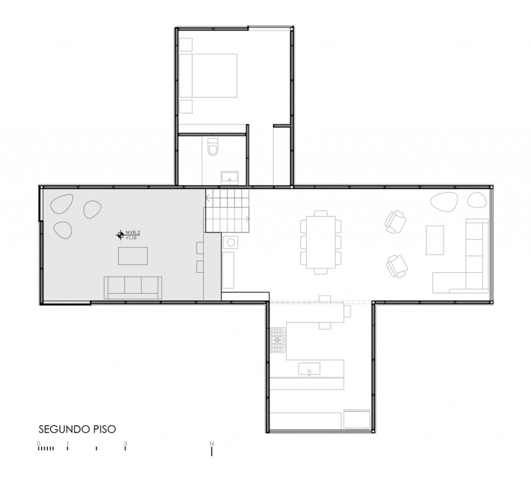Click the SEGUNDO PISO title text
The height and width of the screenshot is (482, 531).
point(77,429)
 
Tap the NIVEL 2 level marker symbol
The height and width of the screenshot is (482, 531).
point(120,236)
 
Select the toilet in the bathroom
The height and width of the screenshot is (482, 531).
point(213,147)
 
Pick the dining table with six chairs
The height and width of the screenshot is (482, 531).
point(321,242)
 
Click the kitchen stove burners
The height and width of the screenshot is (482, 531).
point(278,340)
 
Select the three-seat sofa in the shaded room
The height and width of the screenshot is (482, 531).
point(133,287)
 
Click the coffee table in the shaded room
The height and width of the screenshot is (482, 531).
point(133,256)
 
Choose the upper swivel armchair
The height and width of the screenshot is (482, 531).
point(395,222)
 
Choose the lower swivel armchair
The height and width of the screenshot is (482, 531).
point(397,266)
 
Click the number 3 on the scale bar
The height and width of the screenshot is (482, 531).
point(125,444)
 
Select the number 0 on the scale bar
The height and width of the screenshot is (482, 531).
point(38,444)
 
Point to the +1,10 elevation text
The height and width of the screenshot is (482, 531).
point(131,238)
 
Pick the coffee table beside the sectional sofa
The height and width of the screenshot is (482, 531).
point(435,240)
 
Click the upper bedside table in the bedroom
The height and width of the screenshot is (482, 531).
point(186,44)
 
